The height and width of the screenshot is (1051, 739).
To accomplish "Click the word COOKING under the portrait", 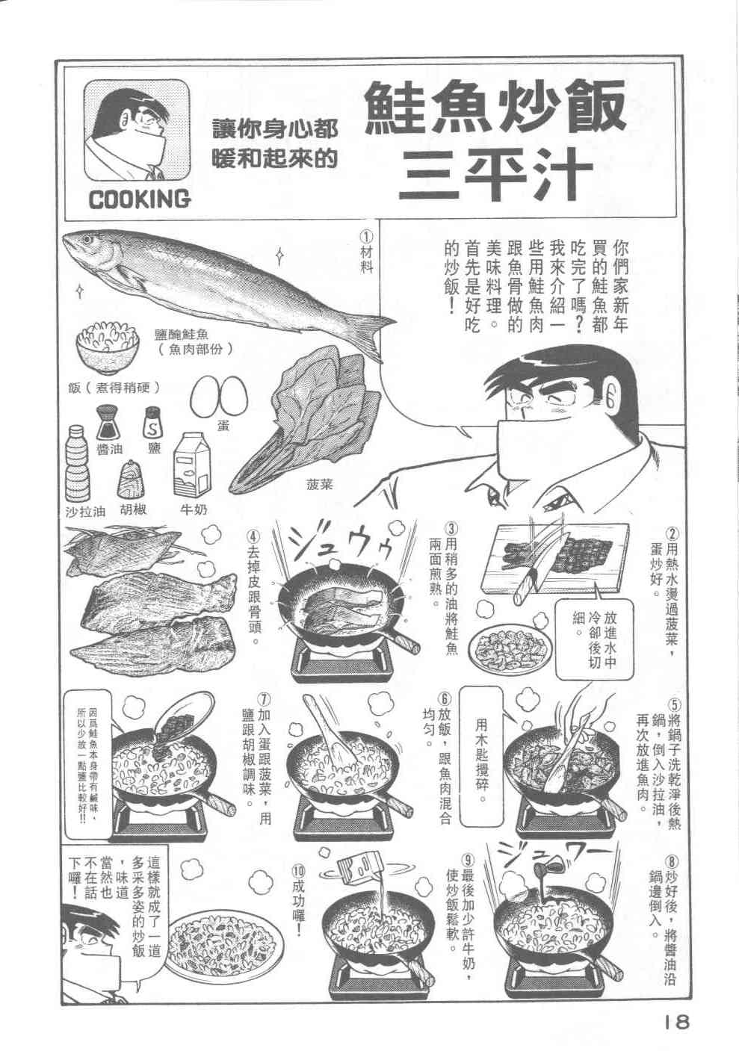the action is pyautogui.click(x=139, y=199).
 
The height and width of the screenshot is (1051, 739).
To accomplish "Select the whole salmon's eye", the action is pyautogui.click(x=87, y=241).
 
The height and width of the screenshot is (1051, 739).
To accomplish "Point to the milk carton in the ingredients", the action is pyautogui.click(x=192, y=465).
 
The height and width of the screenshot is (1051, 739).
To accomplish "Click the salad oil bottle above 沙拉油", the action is pyautogui.click(x=78, y=465).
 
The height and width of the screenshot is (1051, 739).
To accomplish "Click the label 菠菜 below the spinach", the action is pyautogui.click(x=320, y=484).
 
